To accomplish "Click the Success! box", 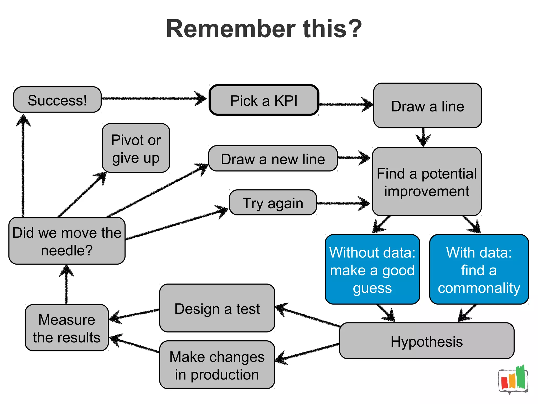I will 57,100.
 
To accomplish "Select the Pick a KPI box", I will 264,100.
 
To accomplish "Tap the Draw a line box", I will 427,106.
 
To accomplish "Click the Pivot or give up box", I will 136,148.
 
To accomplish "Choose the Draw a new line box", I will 273,159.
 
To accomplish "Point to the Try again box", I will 273,203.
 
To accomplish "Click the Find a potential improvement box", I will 427,182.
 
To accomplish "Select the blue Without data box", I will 372,270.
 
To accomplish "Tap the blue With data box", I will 479,270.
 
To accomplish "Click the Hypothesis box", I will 427,341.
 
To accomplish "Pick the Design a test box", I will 217,308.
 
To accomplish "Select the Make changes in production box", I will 217,365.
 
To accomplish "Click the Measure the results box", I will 67,328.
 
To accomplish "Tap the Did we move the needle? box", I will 67,241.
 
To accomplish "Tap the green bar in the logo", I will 520,377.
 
